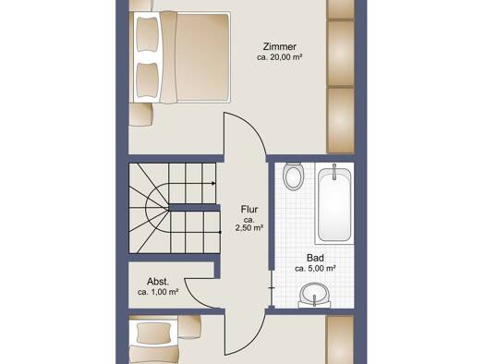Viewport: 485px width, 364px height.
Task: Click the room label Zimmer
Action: [x=279, y=47]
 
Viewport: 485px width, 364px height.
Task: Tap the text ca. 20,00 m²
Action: [x=279, y=57]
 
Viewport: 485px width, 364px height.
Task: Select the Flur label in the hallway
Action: [x=249, y=210]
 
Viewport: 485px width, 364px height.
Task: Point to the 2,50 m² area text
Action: [x=249, y=228]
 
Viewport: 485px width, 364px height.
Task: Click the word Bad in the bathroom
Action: [x=315, y=258]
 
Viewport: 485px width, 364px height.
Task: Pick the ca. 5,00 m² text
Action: [x=315, y=269]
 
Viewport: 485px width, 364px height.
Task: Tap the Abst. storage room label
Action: [x=158, y=282]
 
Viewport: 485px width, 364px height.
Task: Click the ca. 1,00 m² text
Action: [x=158, y=292]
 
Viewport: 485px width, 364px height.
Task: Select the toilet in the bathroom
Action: [x=294, y=176]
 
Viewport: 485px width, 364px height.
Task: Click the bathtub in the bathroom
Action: [x=334, y=204]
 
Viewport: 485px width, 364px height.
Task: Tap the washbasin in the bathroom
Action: [x=314, y=296]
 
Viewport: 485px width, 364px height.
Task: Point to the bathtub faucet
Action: [x=334, y=172]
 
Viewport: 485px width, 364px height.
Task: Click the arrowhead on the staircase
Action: [x=213, y=184]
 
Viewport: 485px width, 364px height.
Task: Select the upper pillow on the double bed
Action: [x=148, y=34]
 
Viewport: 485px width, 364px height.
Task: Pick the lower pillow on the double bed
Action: [x=148, y=80]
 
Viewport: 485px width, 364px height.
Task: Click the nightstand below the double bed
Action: [x=140, y=115]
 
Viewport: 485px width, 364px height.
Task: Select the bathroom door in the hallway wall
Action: [x=272, y=288]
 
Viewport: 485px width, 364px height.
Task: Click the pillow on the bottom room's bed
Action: [x=153, y=334]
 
